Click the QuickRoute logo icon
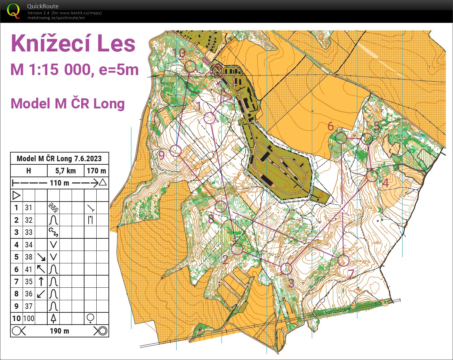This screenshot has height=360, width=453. coord(13,10)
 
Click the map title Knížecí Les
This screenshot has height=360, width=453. coord(73,44)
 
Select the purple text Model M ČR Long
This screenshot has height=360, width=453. coord(67,104)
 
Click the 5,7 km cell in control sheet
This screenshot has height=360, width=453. coord(65,171)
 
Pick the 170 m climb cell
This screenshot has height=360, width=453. coord(96,171)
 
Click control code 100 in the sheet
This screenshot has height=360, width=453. coord(29,318)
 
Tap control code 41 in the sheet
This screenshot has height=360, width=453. coord(29,269)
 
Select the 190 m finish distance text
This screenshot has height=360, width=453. coord(59,331)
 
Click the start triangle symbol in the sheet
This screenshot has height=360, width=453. coord(16,195)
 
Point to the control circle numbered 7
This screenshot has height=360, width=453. coord(343,260)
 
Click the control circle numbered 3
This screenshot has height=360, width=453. coord(286,268)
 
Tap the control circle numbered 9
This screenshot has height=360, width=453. coord(176,151)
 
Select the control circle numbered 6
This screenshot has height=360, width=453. coord(341,138)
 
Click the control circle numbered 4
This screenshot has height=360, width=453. coord(372,176)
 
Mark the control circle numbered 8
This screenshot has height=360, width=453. coord(221,206)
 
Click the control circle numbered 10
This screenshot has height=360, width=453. coord(190,66)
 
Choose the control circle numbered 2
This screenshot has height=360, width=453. coord(237,249)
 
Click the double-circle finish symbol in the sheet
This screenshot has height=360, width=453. coord(101,331)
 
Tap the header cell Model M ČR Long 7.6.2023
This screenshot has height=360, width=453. coord(59,158)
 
